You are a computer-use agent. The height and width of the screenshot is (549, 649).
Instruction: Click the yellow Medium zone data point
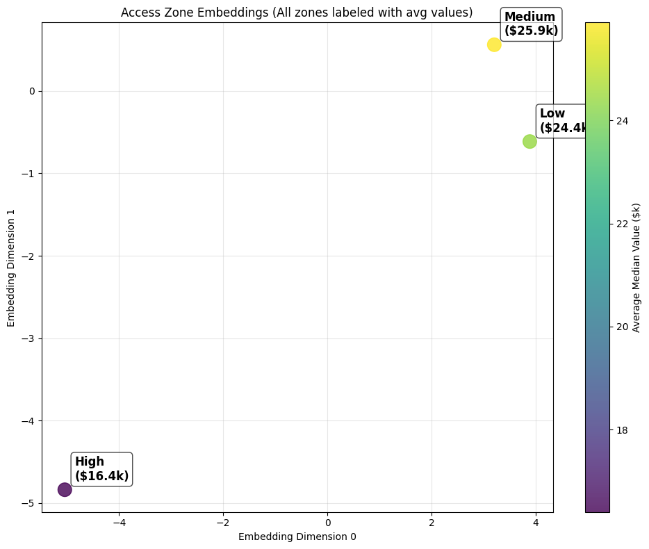[x=494, y=44]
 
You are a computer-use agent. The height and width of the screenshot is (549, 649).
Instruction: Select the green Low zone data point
[x=529, y=141]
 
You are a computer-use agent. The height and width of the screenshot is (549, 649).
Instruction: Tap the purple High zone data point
[x=65, y=489]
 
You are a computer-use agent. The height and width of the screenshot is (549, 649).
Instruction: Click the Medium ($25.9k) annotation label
[x=531, y=24]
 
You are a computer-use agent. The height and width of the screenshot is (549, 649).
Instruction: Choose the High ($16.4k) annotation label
[x=101, y=468]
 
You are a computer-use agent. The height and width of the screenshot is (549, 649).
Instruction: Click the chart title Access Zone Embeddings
[x=297, y=13]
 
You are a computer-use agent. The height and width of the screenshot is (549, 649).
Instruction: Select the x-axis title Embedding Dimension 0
[x=297, y=536]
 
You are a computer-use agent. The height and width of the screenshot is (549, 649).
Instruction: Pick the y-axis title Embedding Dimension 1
[x=11, y=268]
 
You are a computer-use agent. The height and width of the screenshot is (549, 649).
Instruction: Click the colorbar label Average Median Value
[x=636, y=268]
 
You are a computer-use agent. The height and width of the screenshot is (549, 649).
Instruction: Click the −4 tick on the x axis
[x=119, y=523]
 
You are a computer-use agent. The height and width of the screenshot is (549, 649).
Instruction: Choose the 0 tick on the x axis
[x=327, y=523]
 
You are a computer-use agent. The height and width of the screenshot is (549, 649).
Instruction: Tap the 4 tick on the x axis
[x=536, y=523]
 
